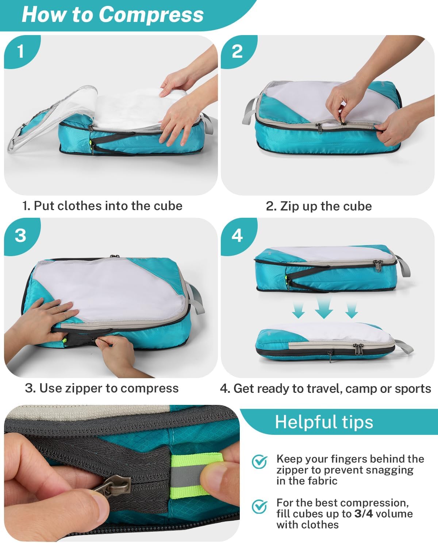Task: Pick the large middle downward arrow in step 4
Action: [324, 307]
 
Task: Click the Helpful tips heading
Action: [324, 422]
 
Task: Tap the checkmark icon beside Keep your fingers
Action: [260, 462]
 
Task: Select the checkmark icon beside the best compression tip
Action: [260, 506]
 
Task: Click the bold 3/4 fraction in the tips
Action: [364, 513]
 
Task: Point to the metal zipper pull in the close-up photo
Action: [112, 486]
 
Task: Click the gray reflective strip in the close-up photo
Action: [186, 478]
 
